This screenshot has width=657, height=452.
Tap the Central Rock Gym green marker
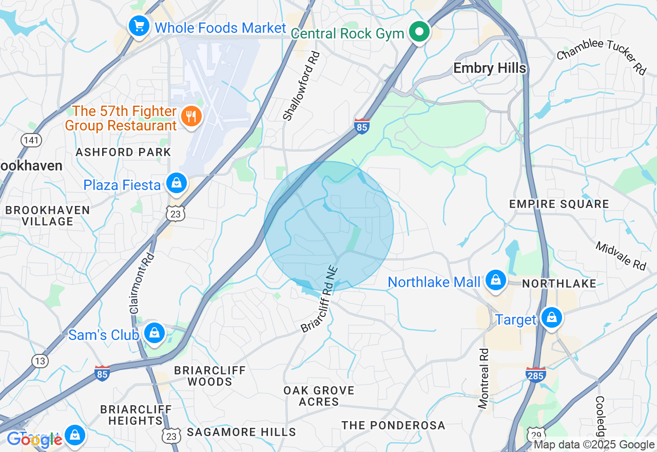419,32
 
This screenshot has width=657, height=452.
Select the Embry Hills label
490,68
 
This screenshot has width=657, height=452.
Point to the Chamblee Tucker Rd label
601,56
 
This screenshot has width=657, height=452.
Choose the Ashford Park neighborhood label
123,153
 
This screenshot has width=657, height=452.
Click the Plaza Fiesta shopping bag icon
177,183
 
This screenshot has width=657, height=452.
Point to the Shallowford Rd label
301,86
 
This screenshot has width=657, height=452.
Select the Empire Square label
559,204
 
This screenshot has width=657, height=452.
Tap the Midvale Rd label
621,256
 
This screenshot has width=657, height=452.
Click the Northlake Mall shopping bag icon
496,280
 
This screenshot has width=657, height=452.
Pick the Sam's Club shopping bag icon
154,333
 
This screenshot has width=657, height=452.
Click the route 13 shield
40,361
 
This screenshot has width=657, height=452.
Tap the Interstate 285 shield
536,374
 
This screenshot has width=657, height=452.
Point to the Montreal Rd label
483,379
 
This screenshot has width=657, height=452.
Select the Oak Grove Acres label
319,396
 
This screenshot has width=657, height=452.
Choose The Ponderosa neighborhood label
393,425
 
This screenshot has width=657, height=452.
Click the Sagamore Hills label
241,432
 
